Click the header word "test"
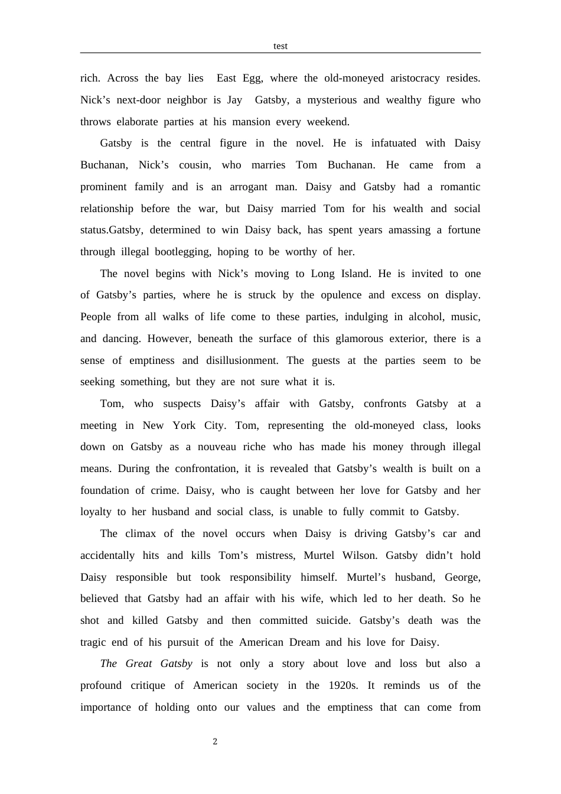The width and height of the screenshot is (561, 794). (280, 46)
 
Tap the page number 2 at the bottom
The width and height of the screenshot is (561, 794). (215, 741)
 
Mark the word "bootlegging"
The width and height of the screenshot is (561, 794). (182, 252)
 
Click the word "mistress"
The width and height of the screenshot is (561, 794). (276, 555)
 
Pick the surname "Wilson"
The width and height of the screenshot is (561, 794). (359, 555)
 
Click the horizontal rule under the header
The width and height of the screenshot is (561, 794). (280, 53)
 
